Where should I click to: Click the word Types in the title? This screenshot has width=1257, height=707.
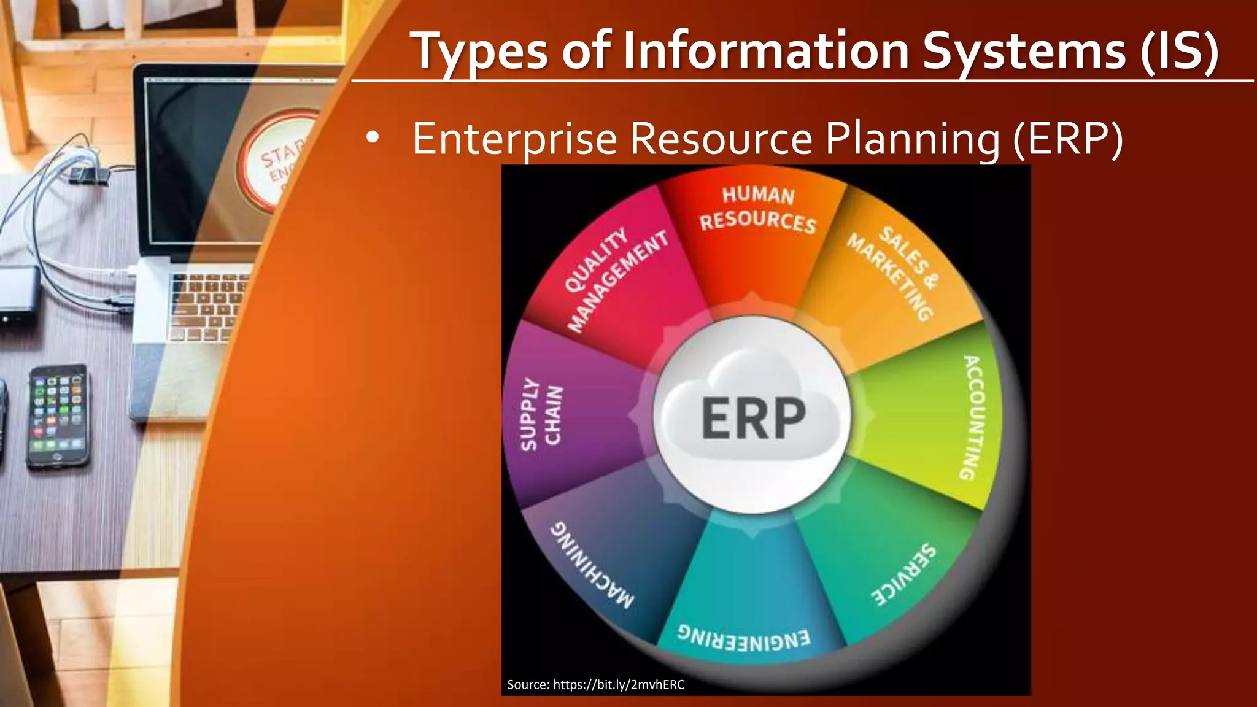[x=479, y=52]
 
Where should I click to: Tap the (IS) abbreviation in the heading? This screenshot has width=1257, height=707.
[x=1179, y=52]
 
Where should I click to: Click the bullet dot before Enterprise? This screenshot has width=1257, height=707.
[x=372, y=139]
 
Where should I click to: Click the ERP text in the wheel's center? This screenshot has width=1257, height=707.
[x=753, y=418]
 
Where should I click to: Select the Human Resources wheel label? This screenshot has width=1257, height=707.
[x=758, y=209]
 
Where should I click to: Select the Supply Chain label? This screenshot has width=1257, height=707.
[x=541, y=414]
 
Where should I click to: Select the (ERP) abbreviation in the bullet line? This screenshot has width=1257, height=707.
[x=1068, y=139]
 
